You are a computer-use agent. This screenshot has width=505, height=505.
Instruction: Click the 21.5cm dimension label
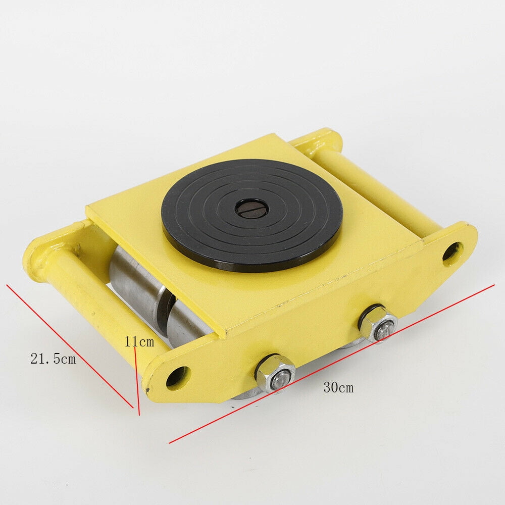pyautogui.click(x=53, y=359)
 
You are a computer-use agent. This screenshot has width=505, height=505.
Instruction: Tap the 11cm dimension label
pyautogui.click(x=139, y=342)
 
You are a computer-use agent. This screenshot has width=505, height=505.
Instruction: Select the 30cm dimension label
pyautogui.click(x=338, y=388)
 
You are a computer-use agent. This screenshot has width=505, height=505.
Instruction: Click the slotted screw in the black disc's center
pyautogui.click(x=251, y=208)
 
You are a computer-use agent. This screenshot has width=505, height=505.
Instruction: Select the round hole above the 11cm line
pyautogui.click(x=177, y=377)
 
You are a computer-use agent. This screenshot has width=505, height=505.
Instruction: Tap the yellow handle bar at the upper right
pyautogui.click(x=374, y=187)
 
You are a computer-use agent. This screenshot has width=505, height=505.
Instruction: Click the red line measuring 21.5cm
pyautogui.click(x=71, y=347)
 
